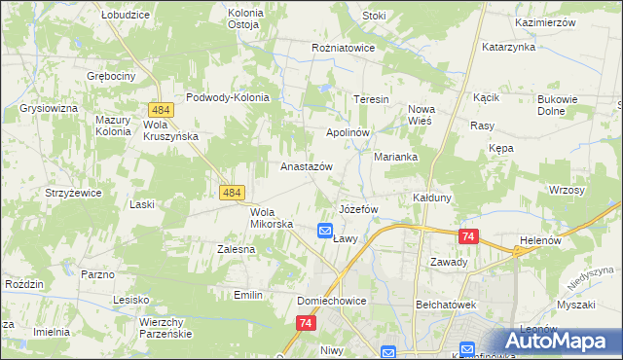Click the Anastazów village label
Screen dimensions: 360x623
307,166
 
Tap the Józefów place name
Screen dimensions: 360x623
356,210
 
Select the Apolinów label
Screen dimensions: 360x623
348,131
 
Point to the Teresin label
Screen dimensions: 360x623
371,99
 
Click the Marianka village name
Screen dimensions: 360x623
396,156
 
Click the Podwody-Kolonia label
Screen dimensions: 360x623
227,97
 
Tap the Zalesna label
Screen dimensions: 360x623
236,249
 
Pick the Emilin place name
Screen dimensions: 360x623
250,294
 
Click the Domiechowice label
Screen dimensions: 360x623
332,302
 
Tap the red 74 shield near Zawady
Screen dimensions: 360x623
469,236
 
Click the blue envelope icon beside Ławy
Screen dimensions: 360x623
325,231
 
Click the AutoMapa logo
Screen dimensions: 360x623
562,341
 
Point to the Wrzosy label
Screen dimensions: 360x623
567,190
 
